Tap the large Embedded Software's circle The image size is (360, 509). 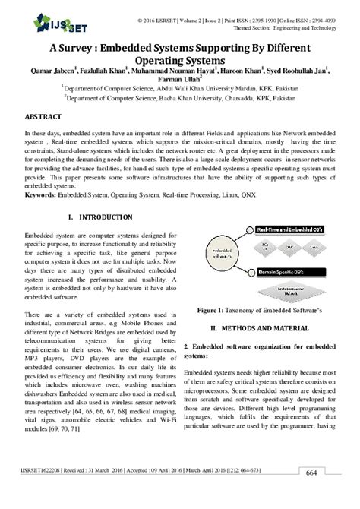coord(219,251)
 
